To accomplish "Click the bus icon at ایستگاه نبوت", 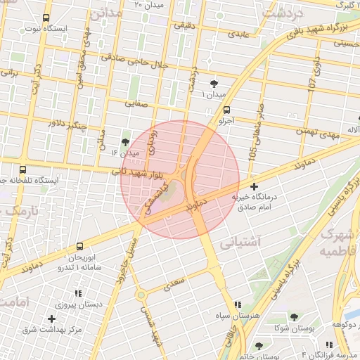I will tap(46, 18).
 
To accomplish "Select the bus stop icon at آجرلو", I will tap(226, 110).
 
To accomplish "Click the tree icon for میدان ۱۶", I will tap(126, 142).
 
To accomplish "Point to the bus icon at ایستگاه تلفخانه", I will tap(23, 169).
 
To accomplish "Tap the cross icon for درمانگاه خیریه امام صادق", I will tap(254, 186).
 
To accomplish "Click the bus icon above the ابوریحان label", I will tap(79, 247).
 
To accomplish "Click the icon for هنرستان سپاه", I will tap(238, 304).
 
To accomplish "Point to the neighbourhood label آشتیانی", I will tap(240, 243).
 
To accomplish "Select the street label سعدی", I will tap(174, 283).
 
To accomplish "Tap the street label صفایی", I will tap(137, 103).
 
